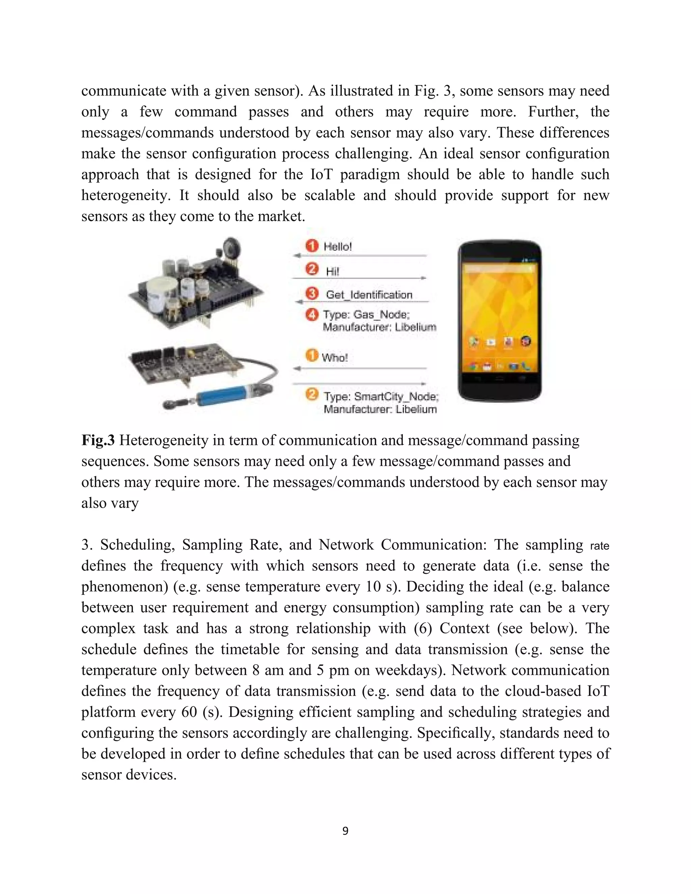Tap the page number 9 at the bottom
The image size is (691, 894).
[x=345, y=831]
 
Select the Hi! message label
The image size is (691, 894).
[x=332, y=271]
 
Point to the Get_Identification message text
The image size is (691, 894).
[x=369, y=295]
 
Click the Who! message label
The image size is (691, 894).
[x=334, y=358]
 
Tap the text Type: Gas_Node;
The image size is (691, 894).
[x=366, y=314]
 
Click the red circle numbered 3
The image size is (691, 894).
[x=312, y=294]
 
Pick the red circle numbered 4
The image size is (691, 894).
[x=312, y=314]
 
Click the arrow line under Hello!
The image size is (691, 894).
[x=360, y=256]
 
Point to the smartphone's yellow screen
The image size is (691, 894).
[x=499, y=311]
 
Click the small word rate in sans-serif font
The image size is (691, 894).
[x=599, y=546]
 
